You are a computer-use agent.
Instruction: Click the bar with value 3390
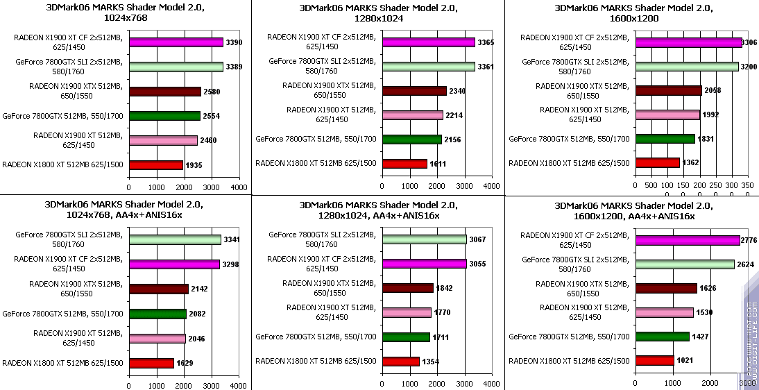click(x=176, y=42)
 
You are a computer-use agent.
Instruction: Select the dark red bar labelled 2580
click(x=164, y=92)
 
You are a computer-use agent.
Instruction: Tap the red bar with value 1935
click(x=155, y=165)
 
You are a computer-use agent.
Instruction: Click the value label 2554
click(x=211, y=116)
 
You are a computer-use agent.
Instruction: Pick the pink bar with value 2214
click(x=412, y=115)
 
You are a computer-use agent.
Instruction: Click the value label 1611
click(x=438, y=164)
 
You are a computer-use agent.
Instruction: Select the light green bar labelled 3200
click(x=686, y=67)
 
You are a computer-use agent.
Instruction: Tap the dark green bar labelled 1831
click(x=665, y=139)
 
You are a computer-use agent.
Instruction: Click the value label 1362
click(x=691, y=163)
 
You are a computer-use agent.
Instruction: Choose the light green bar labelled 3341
click(x=175, y=239)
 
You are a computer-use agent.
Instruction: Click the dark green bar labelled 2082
click(x=157, y=314)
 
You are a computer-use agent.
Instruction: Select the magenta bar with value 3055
click(x=424, y=264)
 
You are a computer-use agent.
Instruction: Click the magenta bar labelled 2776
click(x=687, y=240)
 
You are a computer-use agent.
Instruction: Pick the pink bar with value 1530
click(x=664, y=312)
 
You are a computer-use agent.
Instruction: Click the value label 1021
click(x=685, y=361)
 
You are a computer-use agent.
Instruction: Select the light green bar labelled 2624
click(x=684, y=264)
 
